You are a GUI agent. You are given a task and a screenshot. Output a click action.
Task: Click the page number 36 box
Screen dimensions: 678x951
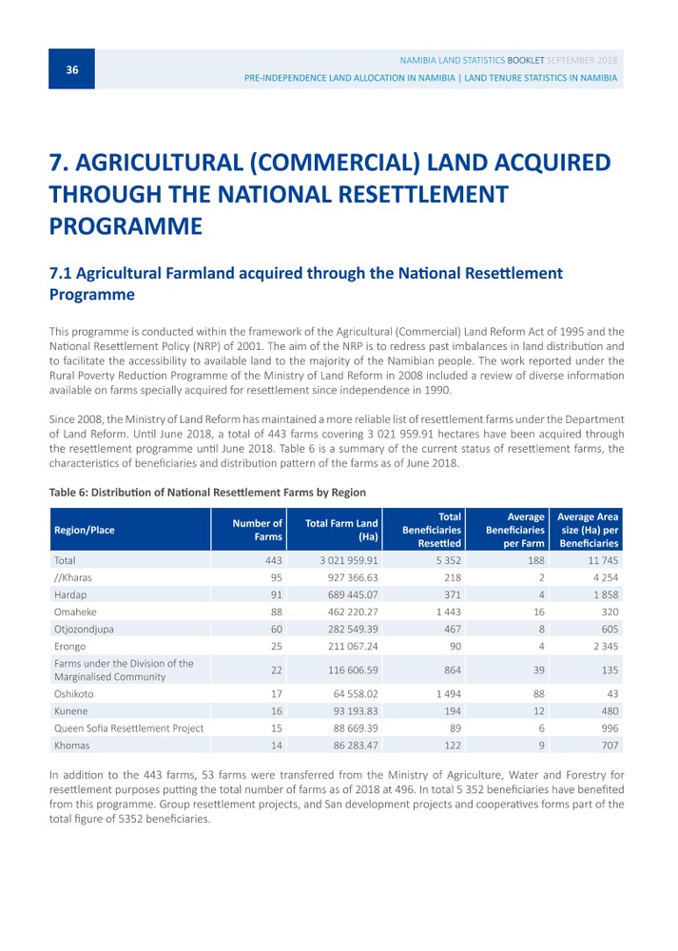click(71, 69)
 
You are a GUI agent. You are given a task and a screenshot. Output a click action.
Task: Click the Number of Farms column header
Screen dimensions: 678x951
click(257, 530)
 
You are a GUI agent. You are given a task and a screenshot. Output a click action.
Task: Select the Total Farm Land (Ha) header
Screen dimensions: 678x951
click(341, 530)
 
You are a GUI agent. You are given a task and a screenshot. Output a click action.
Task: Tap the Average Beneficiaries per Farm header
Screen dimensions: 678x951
click(514, 530)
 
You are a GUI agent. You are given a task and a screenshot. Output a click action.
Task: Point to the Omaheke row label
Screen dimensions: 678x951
click(75, 611)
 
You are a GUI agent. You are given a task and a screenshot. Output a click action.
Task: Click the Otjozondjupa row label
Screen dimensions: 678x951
click(84, 629)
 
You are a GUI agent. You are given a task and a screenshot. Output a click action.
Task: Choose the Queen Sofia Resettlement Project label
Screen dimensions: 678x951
click(128, 728)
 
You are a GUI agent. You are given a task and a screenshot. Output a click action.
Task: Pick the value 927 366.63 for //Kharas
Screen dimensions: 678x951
click(353, 577)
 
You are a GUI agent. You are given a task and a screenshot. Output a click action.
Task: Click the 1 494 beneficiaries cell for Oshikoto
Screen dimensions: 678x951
click(449, 693)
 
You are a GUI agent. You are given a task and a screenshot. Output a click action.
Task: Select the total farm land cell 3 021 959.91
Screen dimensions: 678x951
click(349, 560)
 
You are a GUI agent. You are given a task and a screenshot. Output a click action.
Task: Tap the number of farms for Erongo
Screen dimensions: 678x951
click(277, 646)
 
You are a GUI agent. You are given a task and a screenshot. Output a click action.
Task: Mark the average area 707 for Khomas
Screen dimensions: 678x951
click(610, 745)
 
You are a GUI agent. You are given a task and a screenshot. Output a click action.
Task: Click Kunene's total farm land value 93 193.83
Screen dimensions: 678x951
click(356, 710)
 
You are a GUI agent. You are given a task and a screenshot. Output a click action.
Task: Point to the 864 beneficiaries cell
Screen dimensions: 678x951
click(453, 670)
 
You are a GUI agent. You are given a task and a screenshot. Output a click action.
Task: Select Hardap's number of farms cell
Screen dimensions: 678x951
click(277, 594)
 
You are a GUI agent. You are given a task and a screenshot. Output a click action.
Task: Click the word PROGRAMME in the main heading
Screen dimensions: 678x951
click(126, 226)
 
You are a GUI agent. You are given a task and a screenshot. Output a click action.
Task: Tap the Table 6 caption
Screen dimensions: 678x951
click(207, 492)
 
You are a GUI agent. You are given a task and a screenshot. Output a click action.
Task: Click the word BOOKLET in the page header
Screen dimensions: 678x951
click(526, 60)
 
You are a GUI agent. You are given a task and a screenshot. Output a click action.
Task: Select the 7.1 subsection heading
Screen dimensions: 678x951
click(305, 283)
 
